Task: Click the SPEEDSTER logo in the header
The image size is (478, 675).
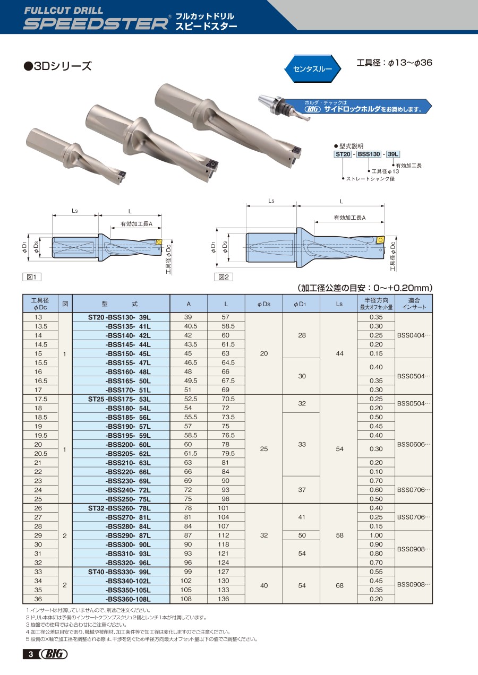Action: [x=96, y=24]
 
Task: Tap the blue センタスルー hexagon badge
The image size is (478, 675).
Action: [x=312, y=68]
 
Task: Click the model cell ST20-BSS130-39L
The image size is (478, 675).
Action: [x=121, y=317]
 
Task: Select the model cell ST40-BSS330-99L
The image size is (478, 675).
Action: [x=121, y=572]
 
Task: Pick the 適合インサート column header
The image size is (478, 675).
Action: [x=414, y=304]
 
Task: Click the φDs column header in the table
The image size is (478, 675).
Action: [x=263, y=304]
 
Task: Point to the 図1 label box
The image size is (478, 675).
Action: [x=32, y=277]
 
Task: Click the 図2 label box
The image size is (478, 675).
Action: [x=224, y=277]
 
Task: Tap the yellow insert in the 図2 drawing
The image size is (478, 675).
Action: [x=380, y=240]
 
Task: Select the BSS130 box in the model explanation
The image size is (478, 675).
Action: [x=369, y=154]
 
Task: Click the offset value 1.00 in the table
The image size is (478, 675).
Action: [x=376, y=535]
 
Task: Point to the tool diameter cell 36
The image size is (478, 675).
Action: [x=38, y=599]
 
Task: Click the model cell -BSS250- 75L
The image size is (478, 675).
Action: [x=128, y=499]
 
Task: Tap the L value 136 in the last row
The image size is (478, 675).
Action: [x=224, y=599]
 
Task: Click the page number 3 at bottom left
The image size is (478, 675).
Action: [x=31, y=654]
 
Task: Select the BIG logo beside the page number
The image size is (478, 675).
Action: [x=54, y=654]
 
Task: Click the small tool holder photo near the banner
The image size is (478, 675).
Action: [x=284, y=108]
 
